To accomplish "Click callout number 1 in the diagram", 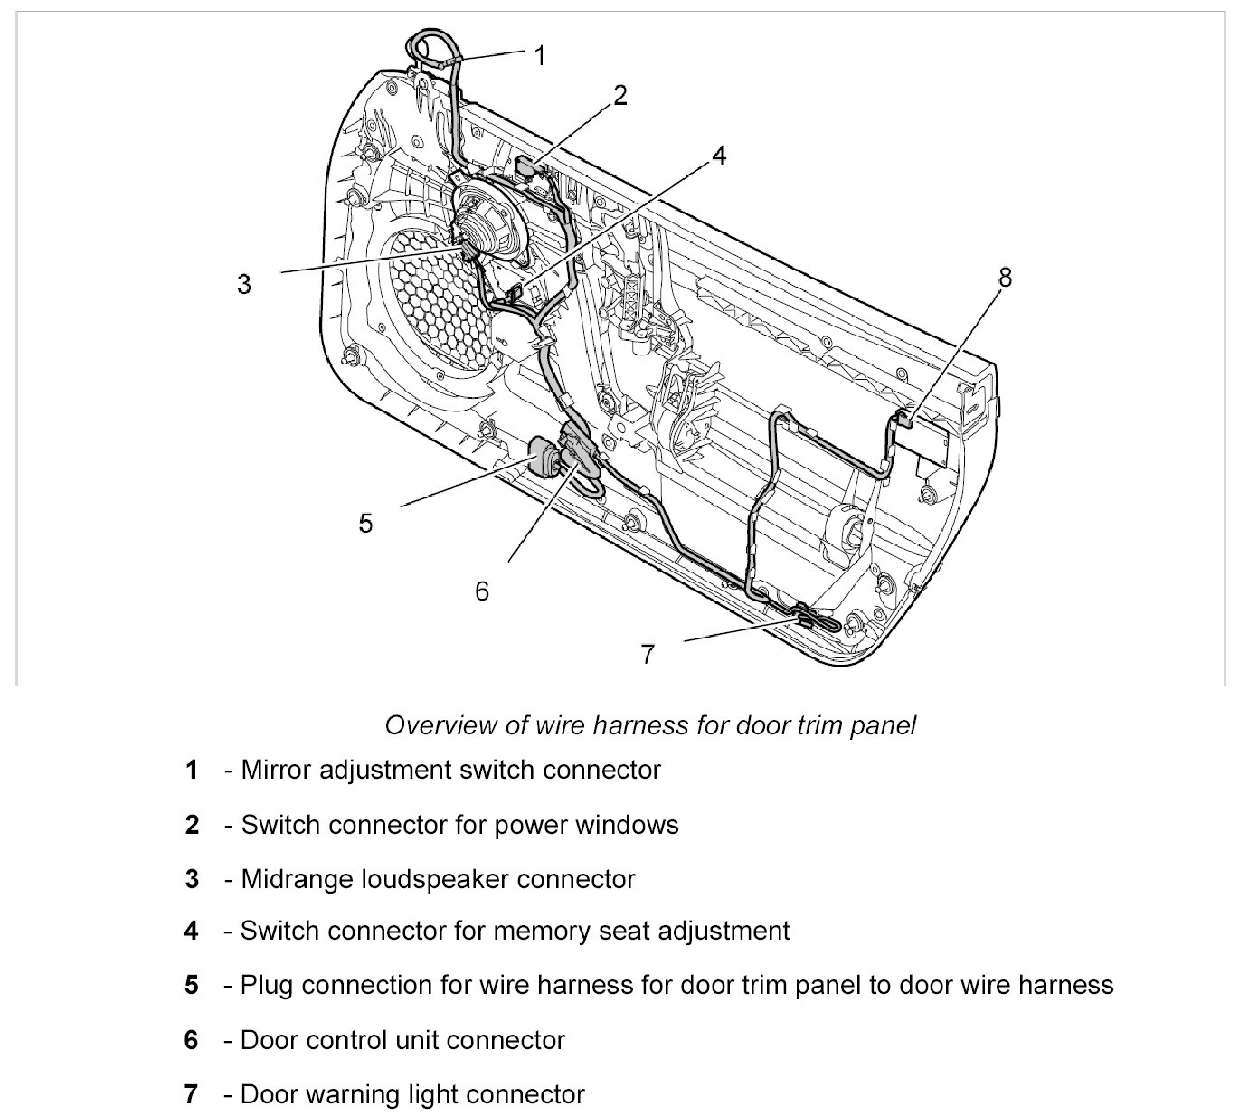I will tap(540, 56).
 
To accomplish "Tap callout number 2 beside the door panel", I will tap(620, 95).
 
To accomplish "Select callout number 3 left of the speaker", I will tap(244, 284).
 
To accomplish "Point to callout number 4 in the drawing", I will tap(718, 156).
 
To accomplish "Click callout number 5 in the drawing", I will tap(365, 523).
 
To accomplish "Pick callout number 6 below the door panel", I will tap(482, 591).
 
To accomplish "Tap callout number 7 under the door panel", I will tap(648, 654).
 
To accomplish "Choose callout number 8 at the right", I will tap(1005, 277).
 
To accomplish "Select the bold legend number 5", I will tap(191, 985).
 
